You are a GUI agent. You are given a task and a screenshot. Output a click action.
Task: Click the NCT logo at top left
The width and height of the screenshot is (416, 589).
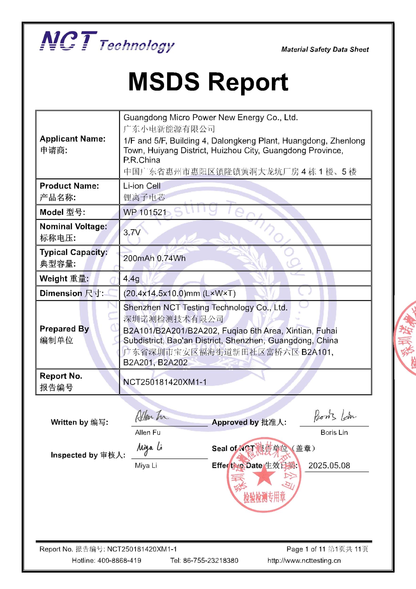[69, 41]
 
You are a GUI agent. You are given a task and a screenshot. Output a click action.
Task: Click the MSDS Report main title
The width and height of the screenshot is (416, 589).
[208, 82]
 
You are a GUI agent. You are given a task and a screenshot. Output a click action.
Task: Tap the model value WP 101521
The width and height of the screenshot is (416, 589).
[145, 212]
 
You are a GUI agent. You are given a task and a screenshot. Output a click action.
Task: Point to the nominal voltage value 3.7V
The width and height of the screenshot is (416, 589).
[132, 232]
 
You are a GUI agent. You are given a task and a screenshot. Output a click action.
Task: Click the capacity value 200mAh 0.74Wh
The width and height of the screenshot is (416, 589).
[154, 258]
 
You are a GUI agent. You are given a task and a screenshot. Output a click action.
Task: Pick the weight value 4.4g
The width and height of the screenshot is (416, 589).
[131, 278]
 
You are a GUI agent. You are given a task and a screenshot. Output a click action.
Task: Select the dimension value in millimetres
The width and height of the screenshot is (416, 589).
[179, 293]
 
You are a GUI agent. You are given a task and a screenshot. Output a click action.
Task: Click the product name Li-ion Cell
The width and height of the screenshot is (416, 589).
[142, 186]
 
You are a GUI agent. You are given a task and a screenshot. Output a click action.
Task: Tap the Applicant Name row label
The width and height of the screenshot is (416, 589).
[73, 144]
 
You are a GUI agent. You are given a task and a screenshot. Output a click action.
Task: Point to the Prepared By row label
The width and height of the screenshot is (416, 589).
[64, 334]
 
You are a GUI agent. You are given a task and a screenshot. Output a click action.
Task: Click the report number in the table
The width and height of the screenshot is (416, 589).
[165, 382]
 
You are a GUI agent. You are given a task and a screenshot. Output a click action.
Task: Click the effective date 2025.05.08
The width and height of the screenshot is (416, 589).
[329, 465]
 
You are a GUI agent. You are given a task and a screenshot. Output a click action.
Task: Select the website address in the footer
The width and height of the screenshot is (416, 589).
[304, 560]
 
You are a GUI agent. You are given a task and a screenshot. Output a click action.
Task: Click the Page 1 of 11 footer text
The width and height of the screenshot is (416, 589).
[306, 549]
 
